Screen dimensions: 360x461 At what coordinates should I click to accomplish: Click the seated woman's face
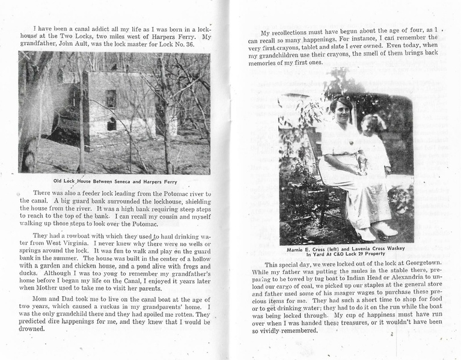click(341, 106)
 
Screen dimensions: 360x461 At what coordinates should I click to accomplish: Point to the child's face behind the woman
click(367, 124)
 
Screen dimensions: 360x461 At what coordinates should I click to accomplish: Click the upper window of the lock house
click(111, 98)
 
